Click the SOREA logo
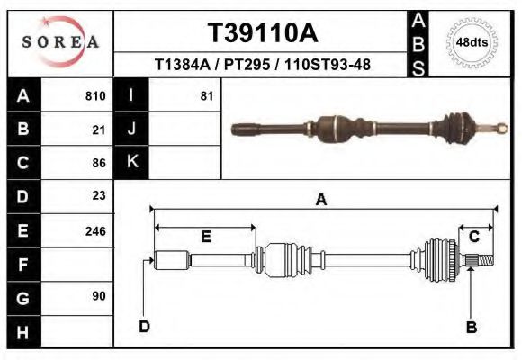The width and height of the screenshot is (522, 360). (60, 42)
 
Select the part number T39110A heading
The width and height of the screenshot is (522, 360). (262, 33)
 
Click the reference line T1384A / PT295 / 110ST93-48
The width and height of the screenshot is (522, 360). (262, 65)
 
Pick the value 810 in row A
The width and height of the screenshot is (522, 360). (95, 96)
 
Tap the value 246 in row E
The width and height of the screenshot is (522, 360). (95, 230)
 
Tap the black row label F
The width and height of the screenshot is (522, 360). (23, 264)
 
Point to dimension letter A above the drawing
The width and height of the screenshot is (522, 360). (320, 201)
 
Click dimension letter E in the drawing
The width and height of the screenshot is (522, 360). (205, 237)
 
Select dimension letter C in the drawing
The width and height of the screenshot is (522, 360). (473, 236)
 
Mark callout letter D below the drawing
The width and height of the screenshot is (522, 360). (144, 326)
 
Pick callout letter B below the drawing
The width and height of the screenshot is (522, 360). (471, 327)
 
